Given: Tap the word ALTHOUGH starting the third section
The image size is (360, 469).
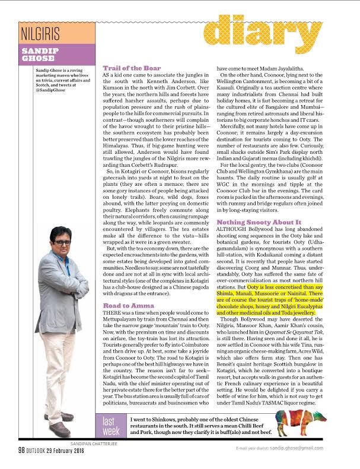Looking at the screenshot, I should click(x=232, y=229).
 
